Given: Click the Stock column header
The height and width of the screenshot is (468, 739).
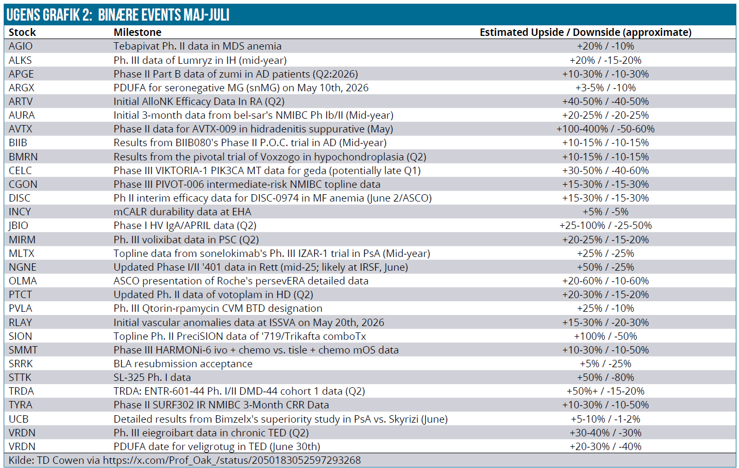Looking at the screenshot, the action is [22, 32].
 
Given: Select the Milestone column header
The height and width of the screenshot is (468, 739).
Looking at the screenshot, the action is [138, 32].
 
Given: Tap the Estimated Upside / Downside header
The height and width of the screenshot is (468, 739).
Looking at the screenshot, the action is [586, 32].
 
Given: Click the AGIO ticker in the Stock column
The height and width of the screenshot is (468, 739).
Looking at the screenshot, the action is [21, 46].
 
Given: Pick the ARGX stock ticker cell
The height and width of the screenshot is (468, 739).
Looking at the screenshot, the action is [22, 88].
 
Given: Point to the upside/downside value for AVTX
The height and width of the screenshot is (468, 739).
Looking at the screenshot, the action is [606, 129].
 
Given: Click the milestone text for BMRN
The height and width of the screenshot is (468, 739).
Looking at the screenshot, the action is [270, 157].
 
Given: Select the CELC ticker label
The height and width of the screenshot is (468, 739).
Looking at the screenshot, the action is [20, 171].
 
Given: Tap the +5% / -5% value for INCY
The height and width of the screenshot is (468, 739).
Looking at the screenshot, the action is [606, 212].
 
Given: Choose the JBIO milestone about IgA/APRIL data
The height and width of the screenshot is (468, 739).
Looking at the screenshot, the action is [185, 226].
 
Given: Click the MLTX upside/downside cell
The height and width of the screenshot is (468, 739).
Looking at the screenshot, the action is [606, 254].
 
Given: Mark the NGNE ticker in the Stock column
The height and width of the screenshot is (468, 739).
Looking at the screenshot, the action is [23, 267].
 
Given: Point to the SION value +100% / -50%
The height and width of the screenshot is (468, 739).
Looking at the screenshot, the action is [606, 336].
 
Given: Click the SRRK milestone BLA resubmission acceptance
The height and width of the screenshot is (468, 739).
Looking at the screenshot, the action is [183, 364].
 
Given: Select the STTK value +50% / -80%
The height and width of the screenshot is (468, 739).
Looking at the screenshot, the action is [606, 377].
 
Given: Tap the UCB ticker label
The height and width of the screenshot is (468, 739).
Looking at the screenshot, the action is [18, 419].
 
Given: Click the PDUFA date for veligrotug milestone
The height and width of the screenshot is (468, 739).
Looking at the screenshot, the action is [217, 447].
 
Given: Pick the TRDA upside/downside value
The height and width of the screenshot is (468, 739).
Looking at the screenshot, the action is [606, 391].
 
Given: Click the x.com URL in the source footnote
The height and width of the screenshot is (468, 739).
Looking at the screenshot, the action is [232, 461].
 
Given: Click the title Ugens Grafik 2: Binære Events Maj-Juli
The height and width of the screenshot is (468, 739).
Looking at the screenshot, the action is [118, 15].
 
